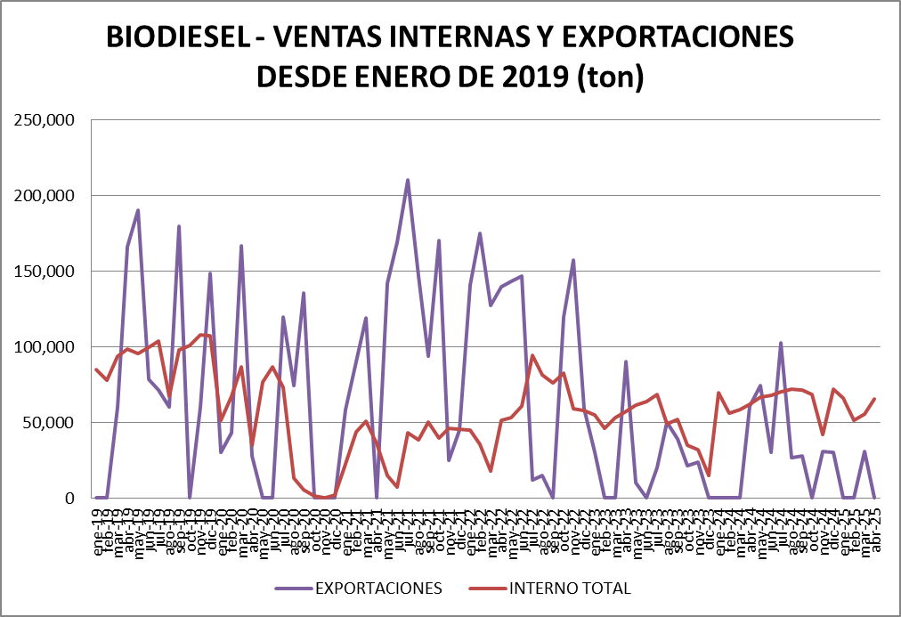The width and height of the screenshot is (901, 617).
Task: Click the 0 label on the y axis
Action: tap(68, 499)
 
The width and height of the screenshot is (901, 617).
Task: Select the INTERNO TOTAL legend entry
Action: tap(570, 589)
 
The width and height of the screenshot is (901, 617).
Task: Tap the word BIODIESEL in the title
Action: tap(176, 38)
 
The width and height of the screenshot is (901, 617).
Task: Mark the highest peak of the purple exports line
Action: tap(408, 180)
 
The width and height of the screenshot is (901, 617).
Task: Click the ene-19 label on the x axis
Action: tap(97, 530)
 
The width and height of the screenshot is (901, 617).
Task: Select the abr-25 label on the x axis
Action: tap(875, 530)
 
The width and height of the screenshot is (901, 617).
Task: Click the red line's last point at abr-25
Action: tap(875, 399)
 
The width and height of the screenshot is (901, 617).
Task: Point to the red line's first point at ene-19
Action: tap(96, 369)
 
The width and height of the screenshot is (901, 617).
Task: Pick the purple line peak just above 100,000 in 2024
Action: tap(781, 343)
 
